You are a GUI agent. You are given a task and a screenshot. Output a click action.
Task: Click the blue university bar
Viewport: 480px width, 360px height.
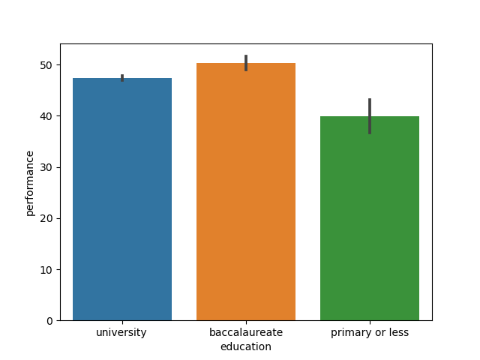(122, 199)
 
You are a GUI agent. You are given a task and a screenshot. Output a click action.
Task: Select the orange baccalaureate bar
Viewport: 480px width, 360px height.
(246, 191)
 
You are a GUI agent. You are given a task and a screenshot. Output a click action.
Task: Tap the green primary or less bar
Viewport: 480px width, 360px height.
(370, 218)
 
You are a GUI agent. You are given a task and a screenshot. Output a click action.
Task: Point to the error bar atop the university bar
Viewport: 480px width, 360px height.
(122, 78)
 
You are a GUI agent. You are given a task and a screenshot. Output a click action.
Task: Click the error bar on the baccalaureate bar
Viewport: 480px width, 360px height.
(246, 63)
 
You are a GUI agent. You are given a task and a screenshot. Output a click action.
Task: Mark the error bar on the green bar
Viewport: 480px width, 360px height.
(370, 116)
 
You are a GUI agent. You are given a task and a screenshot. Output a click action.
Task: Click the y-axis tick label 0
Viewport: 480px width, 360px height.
(49, 321)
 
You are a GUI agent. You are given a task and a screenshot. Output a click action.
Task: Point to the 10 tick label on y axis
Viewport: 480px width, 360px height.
(46, 270)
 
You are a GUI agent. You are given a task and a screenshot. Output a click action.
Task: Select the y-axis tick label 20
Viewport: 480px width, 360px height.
(46, 219)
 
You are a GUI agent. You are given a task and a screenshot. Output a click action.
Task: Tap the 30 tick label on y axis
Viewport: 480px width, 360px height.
(46, 167)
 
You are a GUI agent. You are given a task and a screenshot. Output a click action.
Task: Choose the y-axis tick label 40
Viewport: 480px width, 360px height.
(46, 116)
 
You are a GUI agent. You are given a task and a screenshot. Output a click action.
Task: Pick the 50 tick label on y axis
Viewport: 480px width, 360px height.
(46, 65)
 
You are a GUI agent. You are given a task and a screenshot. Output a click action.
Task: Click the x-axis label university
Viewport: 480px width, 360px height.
(121, 332)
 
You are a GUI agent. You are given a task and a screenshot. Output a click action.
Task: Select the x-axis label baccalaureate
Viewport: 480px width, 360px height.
(246, 332)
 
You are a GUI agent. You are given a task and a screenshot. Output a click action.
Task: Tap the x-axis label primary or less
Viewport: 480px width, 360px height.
(370, 332)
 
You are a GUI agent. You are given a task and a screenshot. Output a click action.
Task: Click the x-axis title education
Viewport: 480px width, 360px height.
(246, 346)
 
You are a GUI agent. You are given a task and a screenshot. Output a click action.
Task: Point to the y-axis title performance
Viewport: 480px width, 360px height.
(30, 183)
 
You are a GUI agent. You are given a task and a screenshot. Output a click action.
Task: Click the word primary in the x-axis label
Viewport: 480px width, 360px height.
(349, 332)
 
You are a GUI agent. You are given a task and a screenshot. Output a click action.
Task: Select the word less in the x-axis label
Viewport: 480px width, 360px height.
(398, 332)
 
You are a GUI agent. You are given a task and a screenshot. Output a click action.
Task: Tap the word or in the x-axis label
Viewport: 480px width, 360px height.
(377, 332)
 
